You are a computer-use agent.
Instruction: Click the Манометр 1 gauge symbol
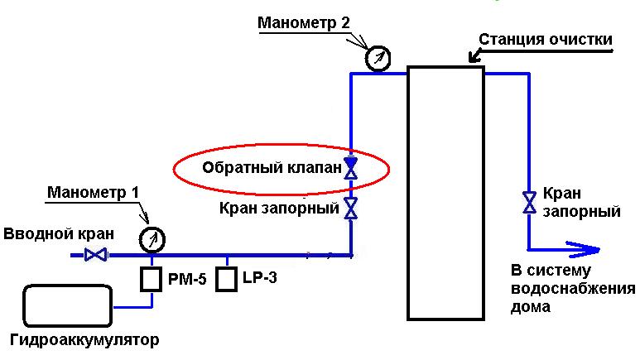coord(152,240)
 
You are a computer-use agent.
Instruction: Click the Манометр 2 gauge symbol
coord(378,59)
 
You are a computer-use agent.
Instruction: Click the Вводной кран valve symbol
coord(96,256)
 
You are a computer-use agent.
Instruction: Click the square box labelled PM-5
coord(150,280)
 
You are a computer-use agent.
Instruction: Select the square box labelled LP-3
coord(226,280)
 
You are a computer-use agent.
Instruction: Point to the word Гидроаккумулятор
coord(84,340)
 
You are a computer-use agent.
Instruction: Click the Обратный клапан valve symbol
coord(351,168)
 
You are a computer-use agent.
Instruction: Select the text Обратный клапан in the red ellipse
coord(271,168)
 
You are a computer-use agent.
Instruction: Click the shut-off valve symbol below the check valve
coord(351,208)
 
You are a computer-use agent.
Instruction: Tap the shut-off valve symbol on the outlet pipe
coord(528,202)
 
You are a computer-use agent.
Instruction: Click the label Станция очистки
coord(546,40)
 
